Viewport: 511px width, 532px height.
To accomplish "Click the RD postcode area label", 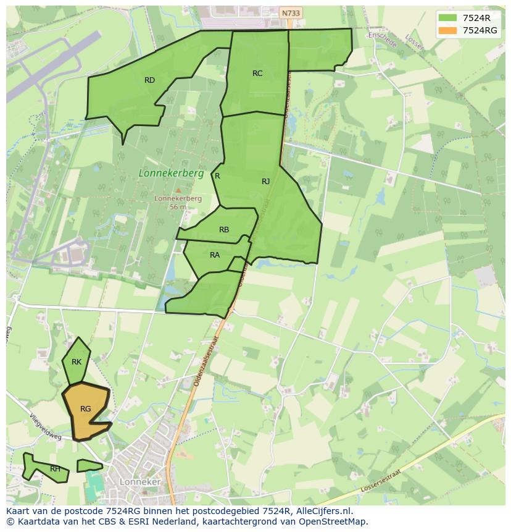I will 149,80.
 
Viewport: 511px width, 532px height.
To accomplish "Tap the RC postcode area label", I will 257,74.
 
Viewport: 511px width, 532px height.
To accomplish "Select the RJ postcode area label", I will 265,182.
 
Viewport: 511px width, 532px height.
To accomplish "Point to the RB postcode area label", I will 224,230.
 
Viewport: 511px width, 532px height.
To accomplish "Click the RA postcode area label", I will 215,255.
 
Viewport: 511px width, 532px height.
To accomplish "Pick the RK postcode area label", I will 77,362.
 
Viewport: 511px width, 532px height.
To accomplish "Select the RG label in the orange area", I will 86,409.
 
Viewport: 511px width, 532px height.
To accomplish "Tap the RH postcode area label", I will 56,469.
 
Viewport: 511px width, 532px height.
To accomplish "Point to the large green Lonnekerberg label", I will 171,174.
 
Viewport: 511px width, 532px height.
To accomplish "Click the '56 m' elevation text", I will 178,208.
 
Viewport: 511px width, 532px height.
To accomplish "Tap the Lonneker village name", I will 140,482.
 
